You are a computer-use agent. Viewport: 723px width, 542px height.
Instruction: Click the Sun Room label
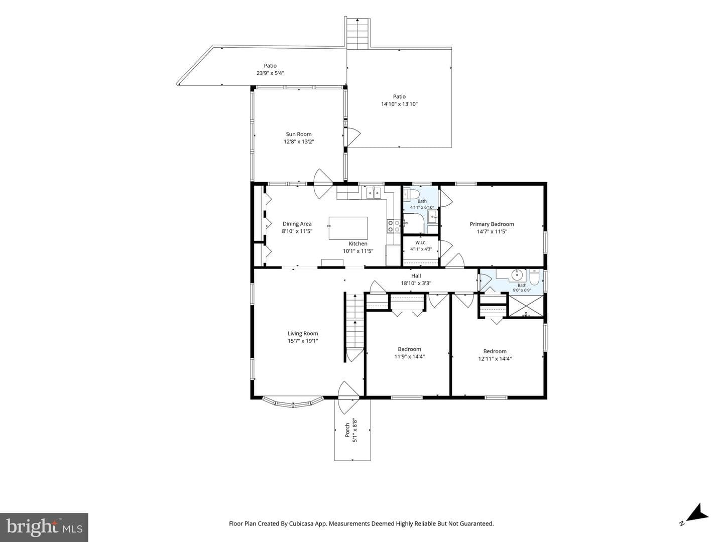pyautogui.click(x=298, y=134)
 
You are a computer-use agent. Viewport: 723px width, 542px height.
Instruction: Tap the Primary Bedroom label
pyautogui.click(x=492, y=224)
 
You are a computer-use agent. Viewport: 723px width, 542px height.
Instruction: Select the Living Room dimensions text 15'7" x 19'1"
pyautogui.click(x=303, y=341)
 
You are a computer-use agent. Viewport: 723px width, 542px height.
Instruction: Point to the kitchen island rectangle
pyautogui.click(x=348, y=228)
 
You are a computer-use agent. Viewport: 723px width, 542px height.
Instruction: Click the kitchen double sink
pyautogui.click(x=374, y=193)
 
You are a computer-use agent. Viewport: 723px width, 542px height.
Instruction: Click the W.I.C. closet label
pyautogui.click(x=421, y=243)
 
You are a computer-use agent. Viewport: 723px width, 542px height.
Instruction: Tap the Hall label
pyautogui.click(x=416, y=276)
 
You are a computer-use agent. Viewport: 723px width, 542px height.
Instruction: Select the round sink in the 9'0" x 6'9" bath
pyautogui.click(x=517, y=275)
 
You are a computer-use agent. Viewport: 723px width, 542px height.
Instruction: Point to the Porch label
pyautogui.click(x=347, y=431)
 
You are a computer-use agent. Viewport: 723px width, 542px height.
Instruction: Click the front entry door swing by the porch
pyautogui.click(x=348, y=397)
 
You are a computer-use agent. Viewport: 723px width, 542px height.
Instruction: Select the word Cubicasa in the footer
pyautogui.click(x=300, y=523)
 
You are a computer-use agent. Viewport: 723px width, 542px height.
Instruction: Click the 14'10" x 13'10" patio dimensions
pyautogui.click(x=399, y=104)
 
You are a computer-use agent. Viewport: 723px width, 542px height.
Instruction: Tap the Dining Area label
pyautogui.click(x=297, y=224)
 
